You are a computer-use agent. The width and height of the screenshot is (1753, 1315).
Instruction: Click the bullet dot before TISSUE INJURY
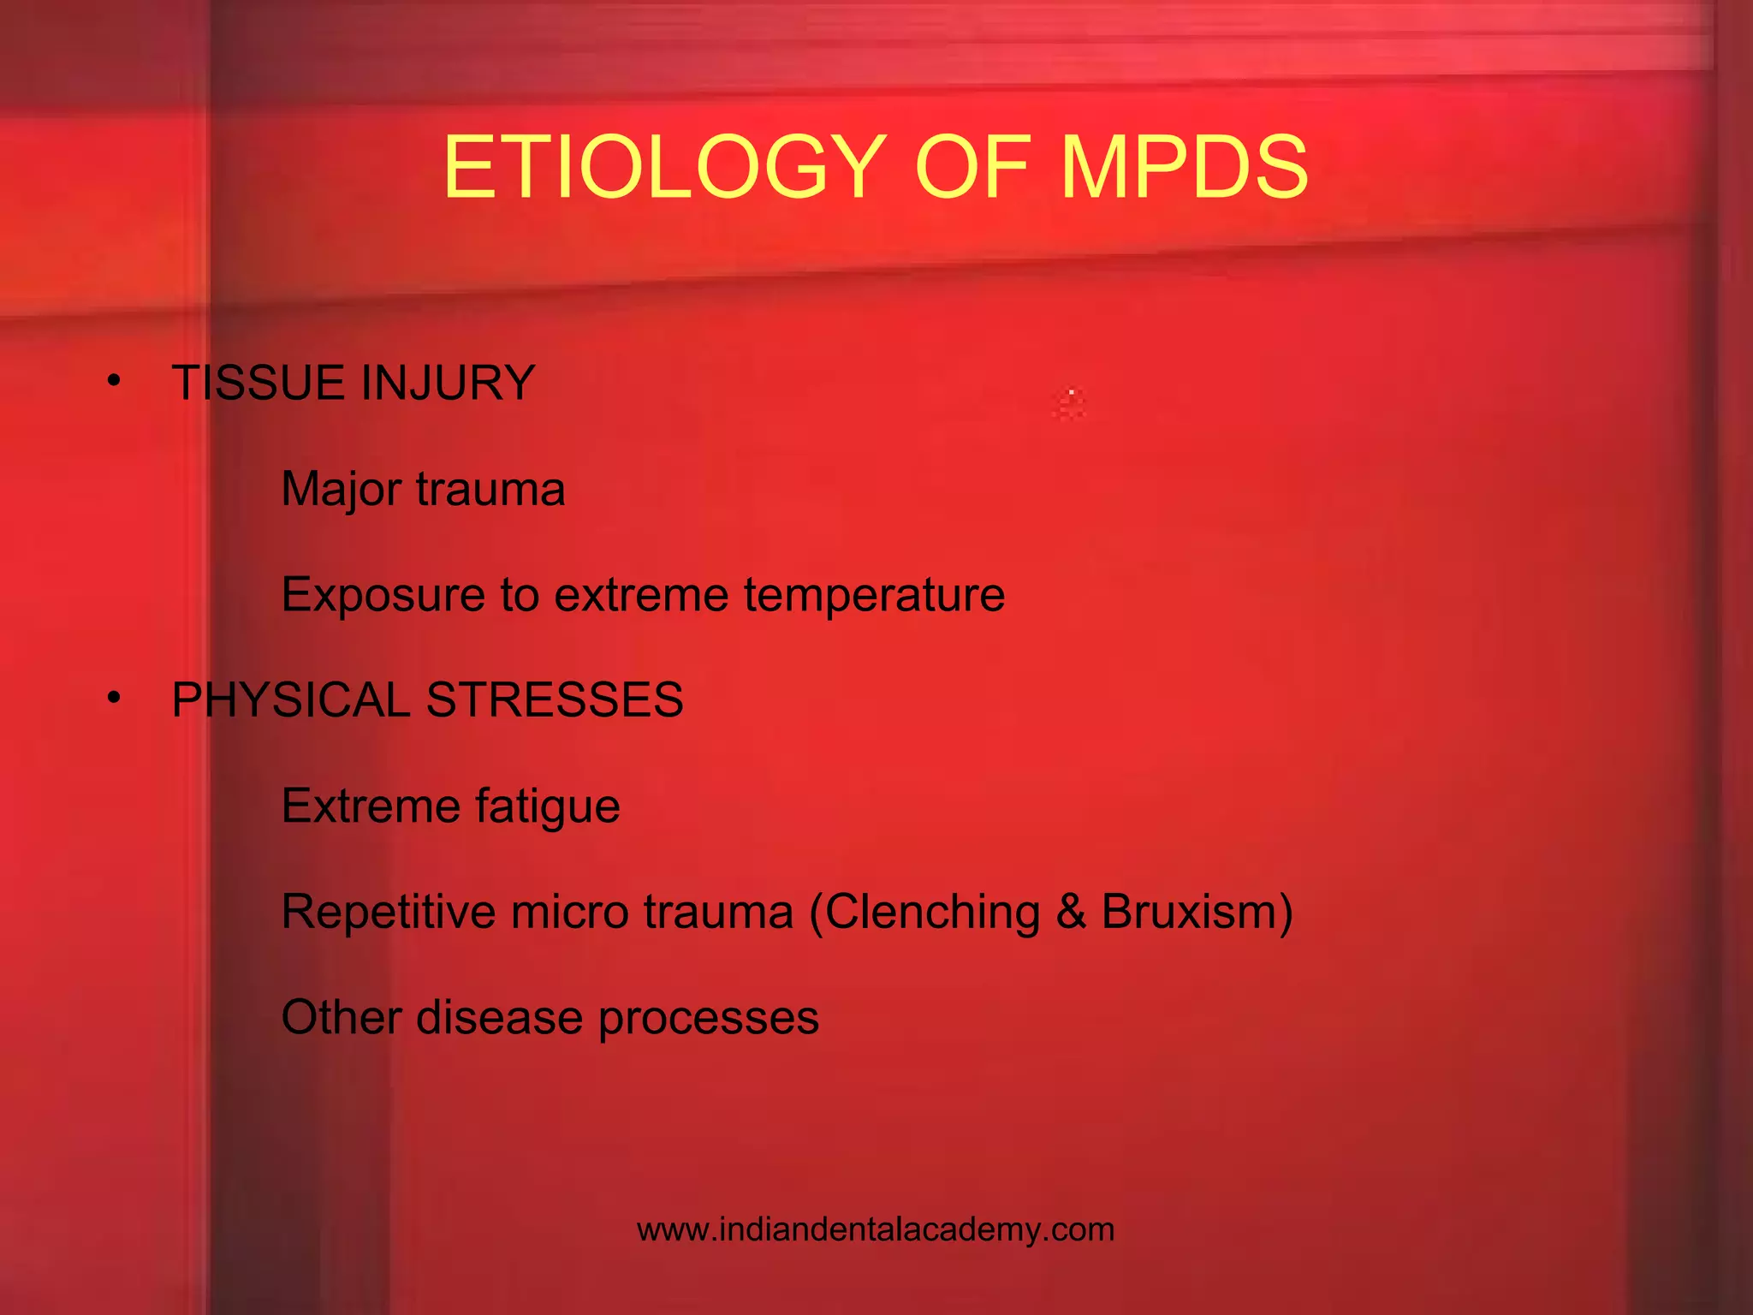click(x=115, y=380)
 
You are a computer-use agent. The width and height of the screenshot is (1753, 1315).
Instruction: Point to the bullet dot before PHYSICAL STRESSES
click(x=115, y=698)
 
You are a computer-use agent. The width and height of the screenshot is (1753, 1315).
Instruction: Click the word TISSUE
click(x=258, y=383)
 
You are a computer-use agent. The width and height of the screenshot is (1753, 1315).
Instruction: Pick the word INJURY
click(x=448, y=383)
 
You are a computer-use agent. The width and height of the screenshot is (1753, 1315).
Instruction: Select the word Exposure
click(x=383, y=595)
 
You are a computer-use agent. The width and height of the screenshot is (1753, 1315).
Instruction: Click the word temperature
click(x=874, y=595)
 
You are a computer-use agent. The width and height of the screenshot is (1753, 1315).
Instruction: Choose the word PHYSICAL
click(x=291, y=700)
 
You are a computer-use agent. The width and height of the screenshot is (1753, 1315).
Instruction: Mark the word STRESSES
click(x=555, y=700)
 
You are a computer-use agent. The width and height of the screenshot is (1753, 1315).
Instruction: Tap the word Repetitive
click(x=389, y=912)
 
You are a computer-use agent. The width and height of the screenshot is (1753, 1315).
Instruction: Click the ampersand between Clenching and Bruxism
click(x=1071, y=912)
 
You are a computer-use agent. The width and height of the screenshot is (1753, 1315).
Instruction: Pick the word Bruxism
click(x=1190, y=912)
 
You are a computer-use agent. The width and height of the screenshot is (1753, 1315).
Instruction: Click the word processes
click(x=708, y=1019)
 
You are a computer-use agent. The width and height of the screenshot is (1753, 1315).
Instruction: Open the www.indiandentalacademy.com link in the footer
click(x=876, y=1230)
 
